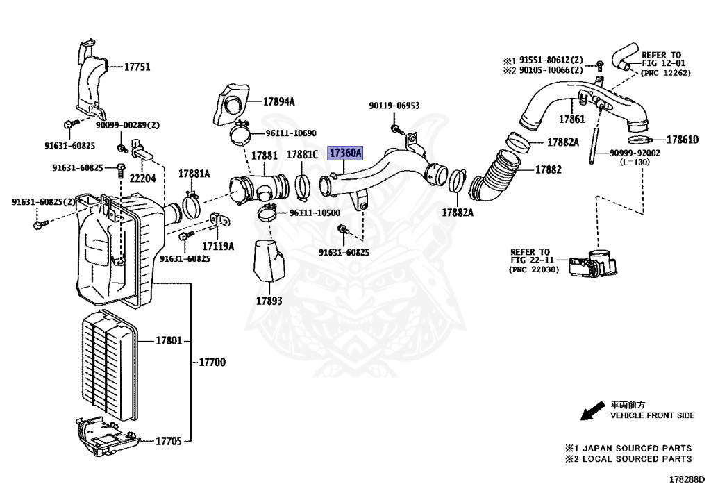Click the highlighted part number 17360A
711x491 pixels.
pos(345,153)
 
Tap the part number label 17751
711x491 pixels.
pos(137,67)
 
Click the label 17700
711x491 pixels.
pos(212,363)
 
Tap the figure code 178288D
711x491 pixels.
pos(686,479)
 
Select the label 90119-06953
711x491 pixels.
pos(394,106)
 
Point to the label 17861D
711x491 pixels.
pos(683,140)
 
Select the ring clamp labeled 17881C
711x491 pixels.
pos(303,185)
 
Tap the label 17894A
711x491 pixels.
pos(278,101)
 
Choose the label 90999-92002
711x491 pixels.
pos(635,153)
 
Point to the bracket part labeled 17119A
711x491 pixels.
pos(221,220)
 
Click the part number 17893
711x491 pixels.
pos(269,301)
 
